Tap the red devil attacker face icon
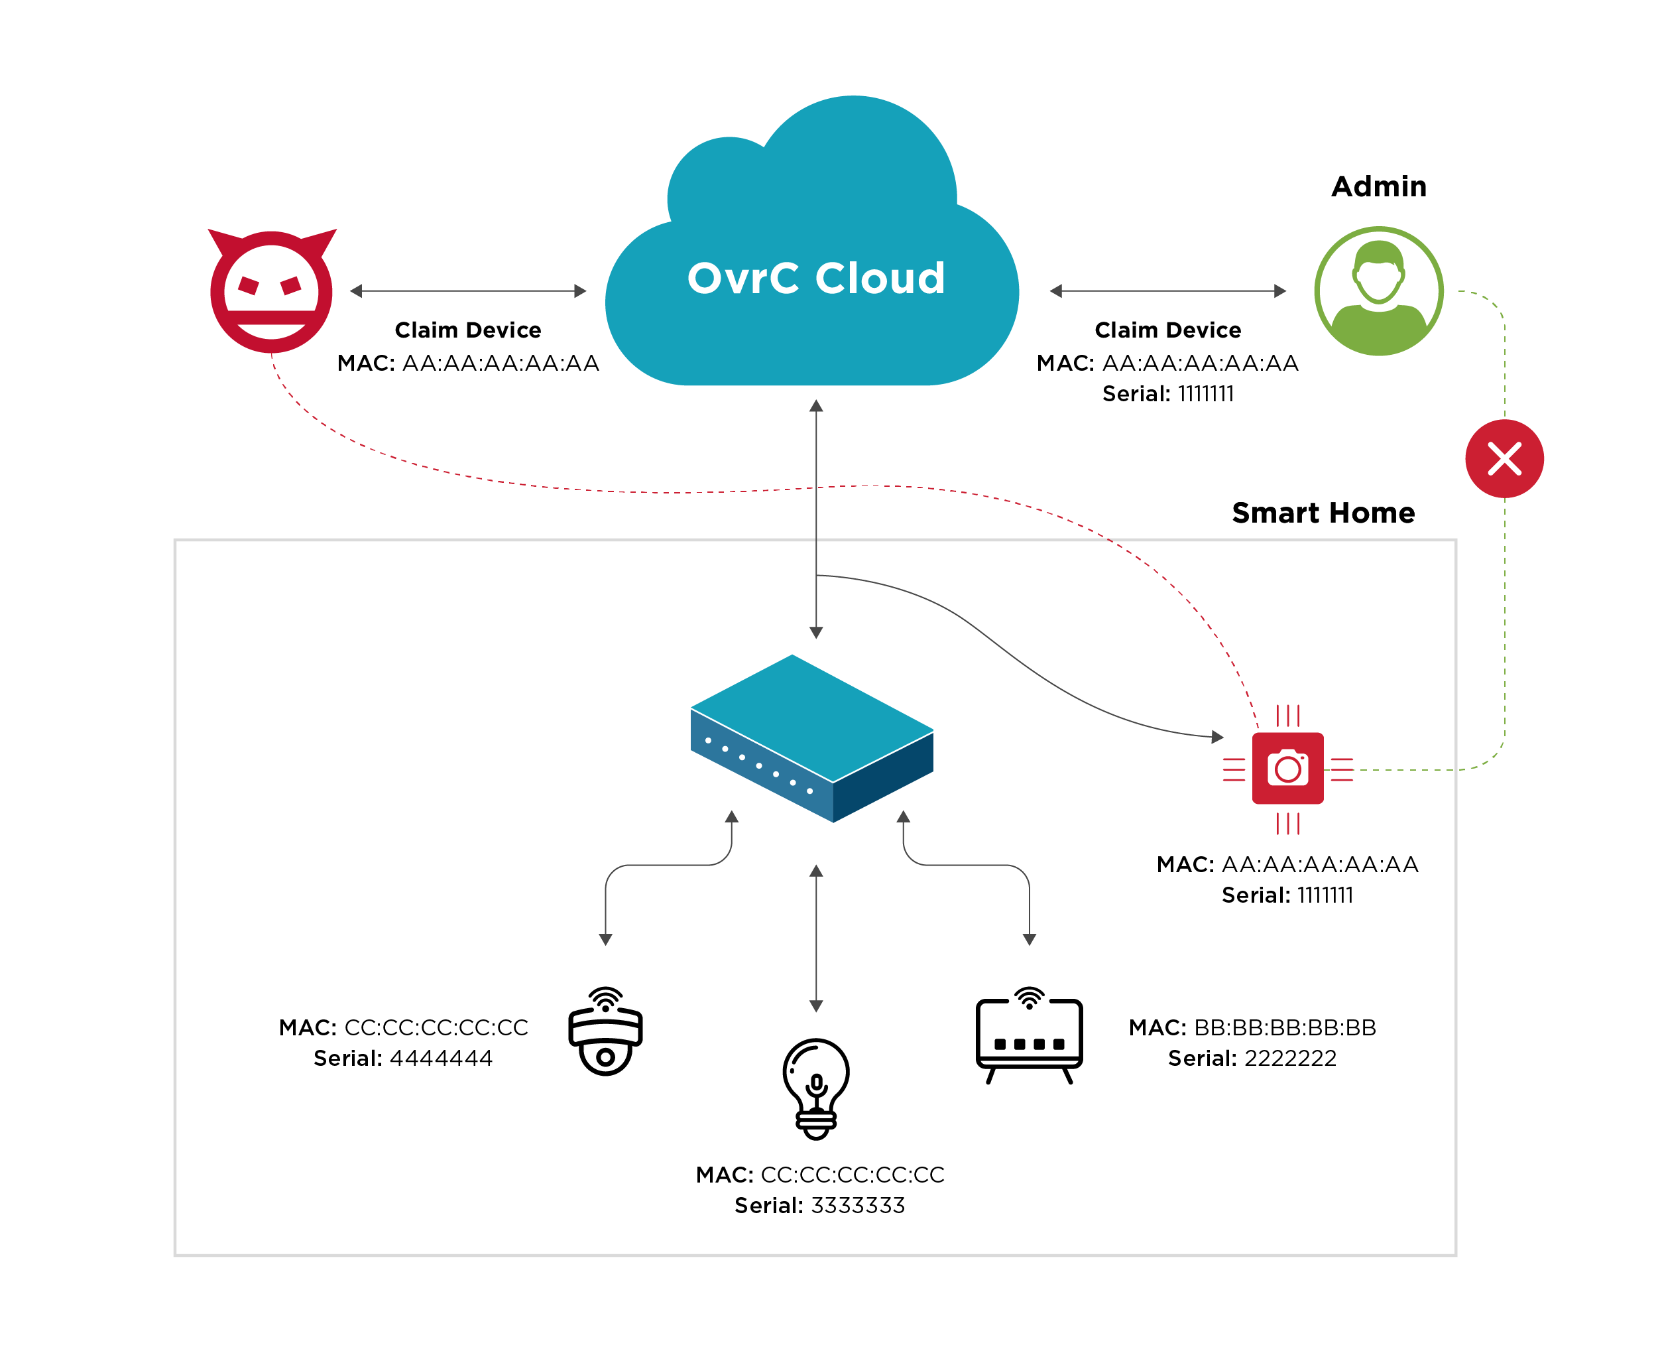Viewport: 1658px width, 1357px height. (271, 291)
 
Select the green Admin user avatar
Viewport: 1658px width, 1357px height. (1378, 291)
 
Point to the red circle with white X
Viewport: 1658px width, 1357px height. (1504, 459)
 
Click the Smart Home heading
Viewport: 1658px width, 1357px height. (1323, 513)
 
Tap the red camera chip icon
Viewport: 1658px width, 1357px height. (1287, 769)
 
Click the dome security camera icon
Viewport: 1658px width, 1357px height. (605, 1032)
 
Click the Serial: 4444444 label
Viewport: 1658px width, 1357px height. (402, 1059)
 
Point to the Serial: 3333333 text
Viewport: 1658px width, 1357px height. (819, 1205)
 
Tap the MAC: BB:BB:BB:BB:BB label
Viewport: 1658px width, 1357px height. (1252, 1027)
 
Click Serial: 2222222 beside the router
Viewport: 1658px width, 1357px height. (1252, 1059)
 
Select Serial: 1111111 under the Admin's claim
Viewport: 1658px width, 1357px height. (1167, 394)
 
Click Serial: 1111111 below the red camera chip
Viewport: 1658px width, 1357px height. (1287, 895)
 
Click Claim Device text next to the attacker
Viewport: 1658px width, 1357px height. (467, 330)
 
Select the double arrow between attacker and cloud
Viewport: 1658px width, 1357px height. (467, 291)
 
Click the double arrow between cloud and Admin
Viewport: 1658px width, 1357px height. (1167, 291)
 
